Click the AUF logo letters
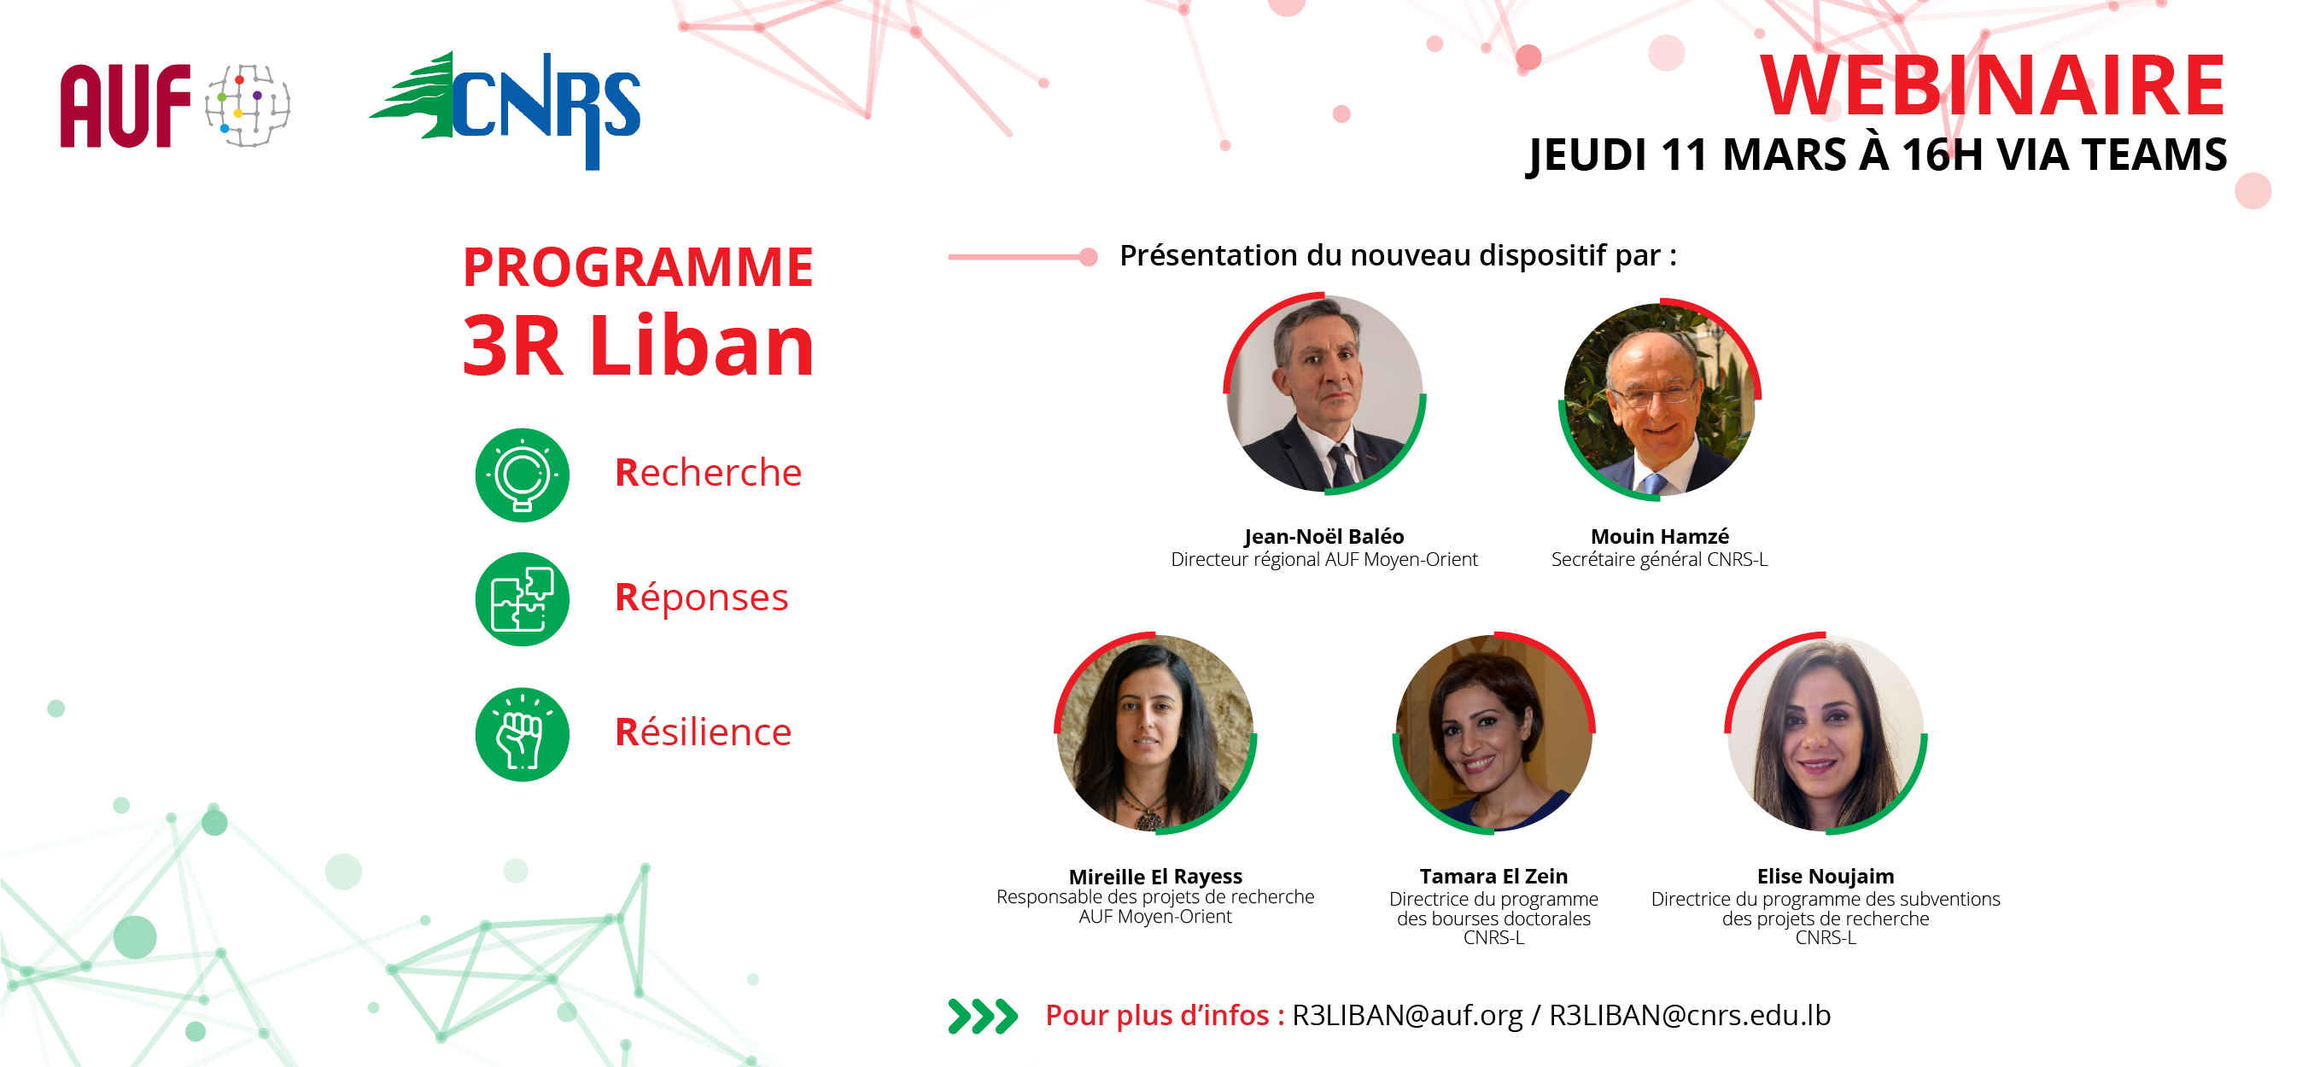[x=125, y=106]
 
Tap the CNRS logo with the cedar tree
[x=505, y=109]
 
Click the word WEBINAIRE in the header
[x=1991, y=85]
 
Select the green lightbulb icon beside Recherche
[x=522, y=475]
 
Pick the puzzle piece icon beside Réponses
[x=522, y=599]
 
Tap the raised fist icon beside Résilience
[x=522, y=734]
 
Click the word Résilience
[x=704, y=732]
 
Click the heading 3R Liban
[x=639, y=345]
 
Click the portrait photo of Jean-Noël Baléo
[x=1324, y=394]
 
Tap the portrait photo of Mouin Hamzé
[x=1659, y=399]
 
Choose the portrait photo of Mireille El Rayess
[x=1155, y=733]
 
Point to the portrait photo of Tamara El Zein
[x=1493, y=733]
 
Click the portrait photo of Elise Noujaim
[x=1826, y=733]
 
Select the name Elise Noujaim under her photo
[x=1826, y=876]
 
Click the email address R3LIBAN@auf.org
[x=1406, y=1015]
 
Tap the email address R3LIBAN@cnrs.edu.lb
[x=1690, y=1015]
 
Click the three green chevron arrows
[x=983, y=1016]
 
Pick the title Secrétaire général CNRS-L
[x=1659, y=560]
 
